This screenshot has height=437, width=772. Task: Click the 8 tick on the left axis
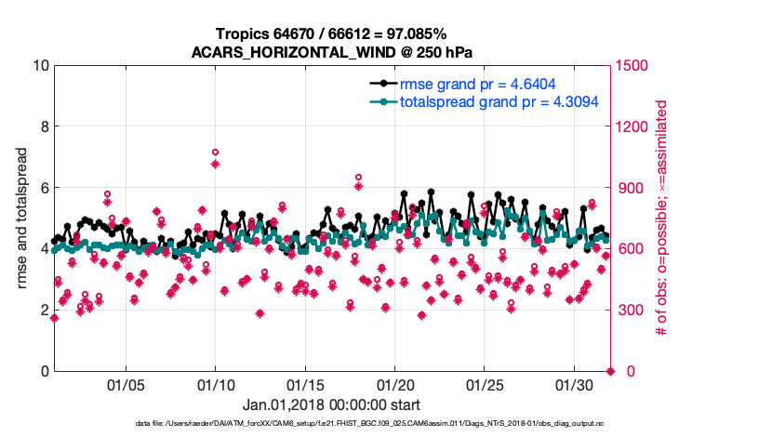(44, 126)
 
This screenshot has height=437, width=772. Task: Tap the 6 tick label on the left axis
(44, 188)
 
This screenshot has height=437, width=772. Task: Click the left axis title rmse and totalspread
(22, 218)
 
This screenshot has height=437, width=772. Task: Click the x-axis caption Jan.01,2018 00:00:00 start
(332, 405)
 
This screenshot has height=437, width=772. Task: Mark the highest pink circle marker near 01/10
(215, 152)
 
